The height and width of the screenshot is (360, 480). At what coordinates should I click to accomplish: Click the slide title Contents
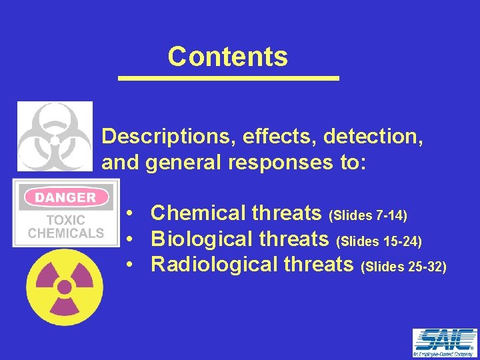(227, 57)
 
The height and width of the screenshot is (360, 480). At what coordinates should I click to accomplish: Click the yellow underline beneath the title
(229, 79)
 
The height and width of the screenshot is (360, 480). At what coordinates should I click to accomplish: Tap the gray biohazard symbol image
(55, 137)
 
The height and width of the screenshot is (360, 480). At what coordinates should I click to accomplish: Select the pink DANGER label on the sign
(65, 197)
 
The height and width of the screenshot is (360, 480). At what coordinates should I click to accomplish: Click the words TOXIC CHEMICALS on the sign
(65, 227)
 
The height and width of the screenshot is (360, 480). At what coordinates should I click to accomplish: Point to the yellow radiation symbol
(65, 287)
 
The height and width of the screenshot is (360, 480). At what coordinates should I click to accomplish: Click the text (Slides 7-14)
(369, 215)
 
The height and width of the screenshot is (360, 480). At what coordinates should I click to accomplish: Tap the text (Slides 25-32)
(403, 266)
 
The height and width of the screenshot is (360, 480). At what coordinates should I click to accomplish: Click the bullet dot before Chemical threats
(133, 214)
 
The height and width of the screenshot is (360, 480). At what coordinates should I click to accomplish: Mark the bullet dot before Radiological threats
(133, 265)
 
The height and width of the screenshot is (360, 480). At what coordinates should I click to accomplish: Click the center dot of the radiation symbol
(65, 287)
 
